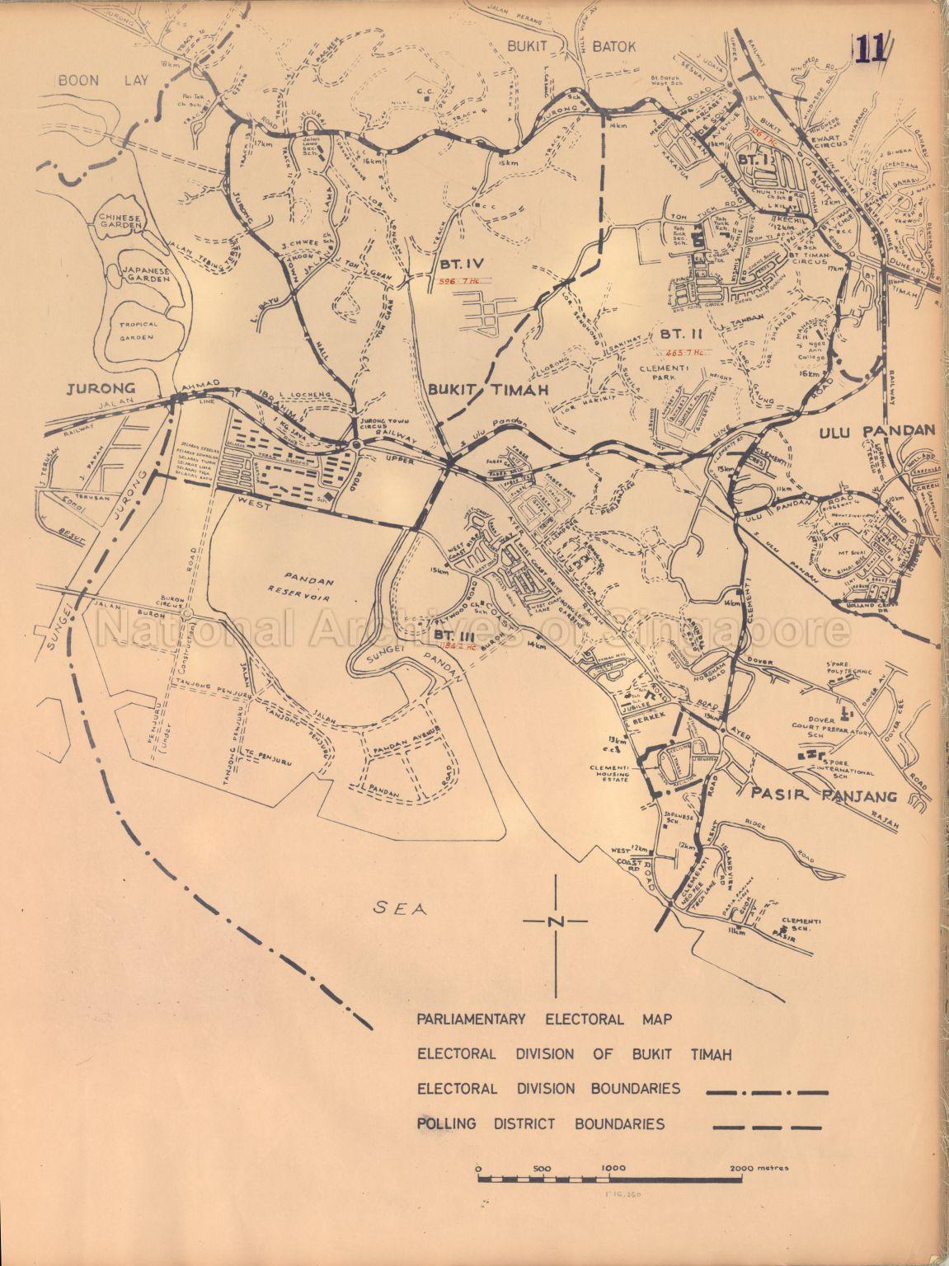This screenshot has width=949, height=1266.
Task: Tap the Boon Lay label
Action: [87, 79]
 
